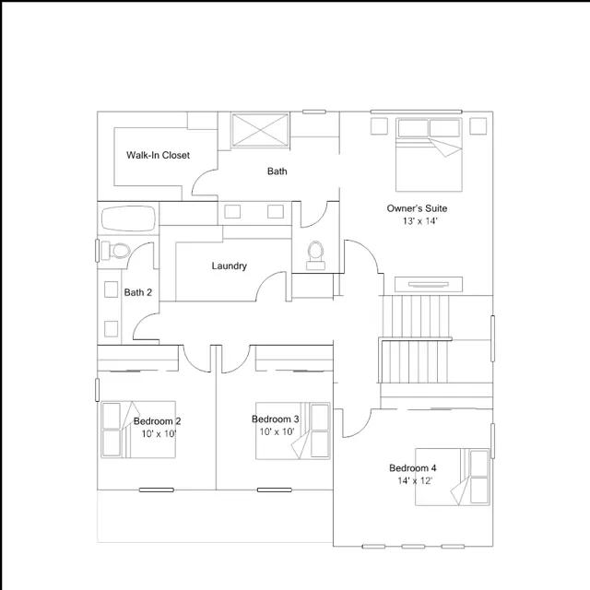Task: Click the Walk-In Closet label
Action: [158, 155]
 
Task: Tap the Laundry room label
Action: [230, 266]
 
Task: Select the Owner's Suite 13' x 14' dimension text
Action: [419, 221]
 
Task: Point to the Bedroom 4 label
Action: [413, 468]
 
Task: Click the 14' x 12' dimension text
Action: [415, 481]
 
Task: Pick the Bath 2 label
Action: [138, 292]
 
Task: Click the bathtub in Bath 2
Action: [129, 218]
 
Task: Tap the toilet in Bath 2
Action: [116, 250]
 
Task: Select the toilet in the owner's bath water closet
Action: [315, 255]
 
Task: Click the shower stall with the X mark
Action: [260, 130]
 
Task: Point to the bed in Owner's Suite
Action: [429, 155]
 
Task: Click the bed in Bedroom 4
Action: [453, 477]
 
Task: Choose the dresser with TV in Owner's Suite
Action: [429, 285]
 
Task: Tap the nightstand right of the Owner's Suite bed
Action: [478, 126]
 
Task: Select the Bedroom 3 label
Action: [276, 419]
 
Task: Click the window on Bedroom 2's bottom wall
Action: [157, 490]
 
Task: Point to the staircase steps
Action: [416, 339]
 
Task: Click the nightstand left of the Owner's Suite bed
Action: [379, 126]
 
